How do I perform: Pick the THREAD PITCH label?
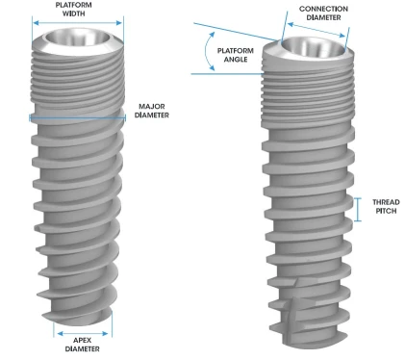379,208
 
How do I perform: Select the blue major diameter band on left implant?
77,118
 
